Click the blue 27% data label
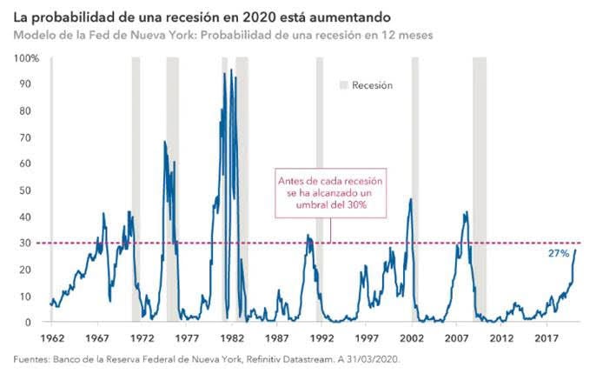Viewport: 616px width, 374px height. point(559,253)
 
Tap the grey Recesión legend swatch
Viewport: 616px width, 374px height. point(343,85)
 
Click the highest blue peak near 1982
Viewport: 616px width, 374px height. point(231,70)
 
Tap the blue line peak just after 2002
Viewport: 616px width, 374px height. point(410,200)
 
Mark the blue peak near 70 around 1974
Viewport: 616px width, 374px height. point(165,142)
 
